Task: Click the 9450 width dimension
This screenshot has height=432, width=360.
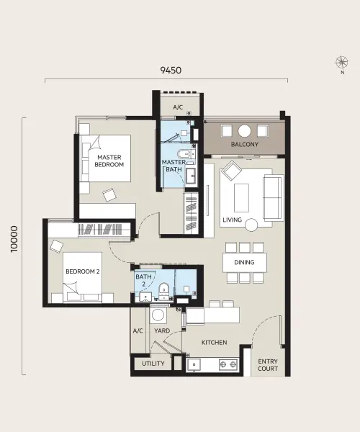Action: click(171, 71)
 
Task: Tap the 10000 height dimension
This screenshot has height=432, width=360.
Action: click(14, 239)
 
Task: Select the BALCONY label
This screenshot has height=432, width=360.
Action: click(245, 144)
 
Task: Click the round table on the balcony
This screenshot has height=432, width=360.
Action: click(245, 131)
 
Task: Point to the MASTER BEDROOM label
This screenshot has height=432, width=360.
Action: click(109, 161)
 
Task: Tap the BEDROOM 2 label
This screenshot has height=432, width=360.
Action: click(83, 271)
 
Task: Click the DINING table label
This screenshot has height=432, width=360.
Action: click(244, 262)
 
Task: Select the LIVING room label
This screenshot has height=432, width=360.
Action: click(232, 220)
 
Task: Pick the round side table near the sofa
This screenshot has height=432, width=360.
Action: click(251, 225)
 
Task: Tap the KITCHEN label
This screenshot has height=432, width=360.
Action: click(215, 343)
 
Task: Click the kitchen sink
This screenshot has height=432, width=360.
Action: click(194, 364)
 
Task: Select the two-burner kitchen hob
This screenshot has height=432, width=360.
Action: click(228, 364)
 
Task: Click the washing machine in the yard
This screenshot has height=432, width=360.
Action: click(158, 315)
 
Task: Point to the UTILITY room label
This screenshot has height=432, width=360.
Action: click(153, 364)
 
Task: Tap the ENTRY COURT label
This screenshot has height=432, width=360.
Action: click(268, 365)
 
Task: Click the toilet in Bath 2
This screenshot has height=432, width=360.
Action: click(164, 291)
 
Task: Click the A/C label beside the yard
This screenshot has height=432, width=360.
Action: click(138, 330)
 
